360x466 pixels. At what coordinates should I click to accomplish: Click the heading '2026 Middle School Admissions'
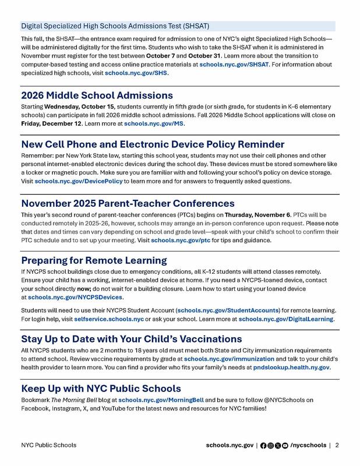[x=97, y=95]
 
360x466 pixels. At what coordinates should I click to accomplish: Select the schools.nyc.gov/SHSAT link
[x=234, y=65]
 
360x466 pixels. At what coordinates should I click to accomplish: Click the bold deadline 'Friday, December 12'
[x=53, y=123]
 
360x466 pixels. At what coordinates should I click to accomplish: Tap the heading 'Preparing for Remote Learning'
[x=94, y=260]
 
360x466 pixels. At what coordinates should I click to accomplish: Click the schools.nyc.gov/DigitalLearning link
[x=286, y=319]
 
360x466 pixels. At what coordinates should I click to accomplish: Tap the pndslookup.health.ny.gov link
[x=292, y=368]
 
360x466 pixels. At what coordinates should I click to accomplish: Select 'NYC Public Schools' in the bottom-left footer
[x=48, y=445]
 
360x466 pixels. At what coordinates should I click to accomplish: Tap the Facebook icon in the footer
[x=263, y=445]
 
